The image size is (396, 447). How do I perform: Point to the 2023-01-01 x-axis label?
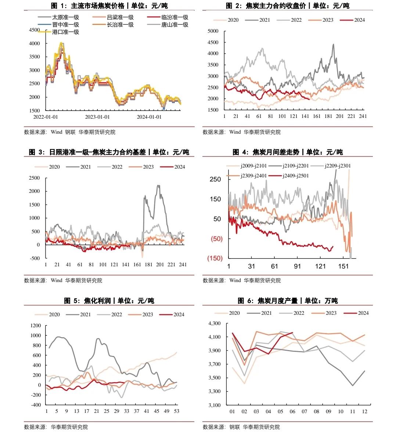click(x=97, y=117)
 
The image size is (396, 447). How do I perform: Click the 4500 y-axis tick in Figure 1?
click(x=34, y=30)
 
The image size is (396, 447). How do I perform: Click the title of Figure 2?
click(x=287, y=6)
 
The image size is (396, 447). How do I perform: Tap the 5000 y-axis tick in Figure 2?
click(x=213, y=31)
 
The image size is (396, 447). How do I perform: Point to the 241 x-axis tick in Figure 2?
click(x=363, y=116)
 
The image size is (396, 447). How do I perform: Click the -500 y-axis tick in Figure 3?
click(x=35, y=258)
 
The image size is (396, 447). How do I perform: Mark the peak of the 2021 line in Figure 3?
click(x=158, y=185)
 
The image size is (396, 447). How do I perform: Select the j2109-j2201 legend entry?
click(x=295, y=166)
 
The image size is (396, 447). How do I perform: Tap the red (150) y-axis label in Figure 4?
click(x=215, y=258)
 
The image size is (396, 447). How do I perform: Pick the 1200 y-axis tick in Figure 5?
click(x=36, y=325)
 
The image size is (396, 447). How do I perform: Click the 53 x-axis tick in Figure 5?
click(x=177, y=411)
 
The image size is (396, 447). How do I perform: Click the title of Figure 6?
click(x=287, y=301)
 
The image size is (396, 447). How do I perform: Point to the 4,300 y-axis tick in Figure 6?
click(x=215, y=323)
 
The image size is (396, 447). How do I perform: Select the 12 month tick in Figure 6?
click(x=364, y=411)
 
